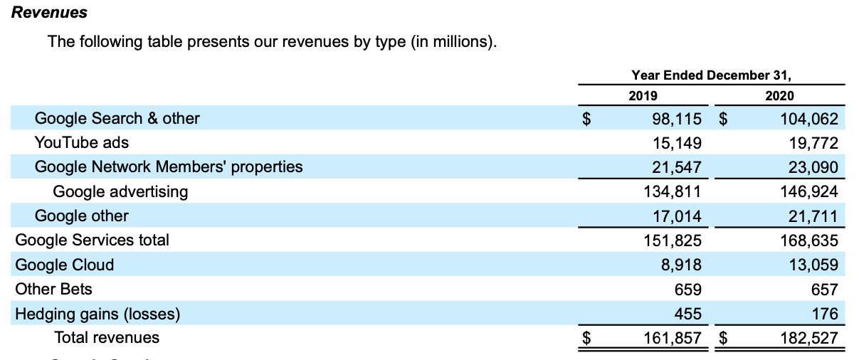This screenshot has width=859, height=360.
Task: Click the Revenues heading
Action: [x=49, y=13]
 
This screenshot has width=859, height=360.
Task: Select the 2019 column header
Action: [x=643, y=95]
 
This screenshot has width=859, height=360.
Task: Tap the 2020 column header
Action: [x=779, y=95]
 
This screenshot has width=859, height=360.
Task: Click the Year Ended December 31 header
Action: [x=711, y=75]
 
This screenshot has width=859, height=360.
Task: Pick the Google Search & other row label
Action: [x=117, y=118]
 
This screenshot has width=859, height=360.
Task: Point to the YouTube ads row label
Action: [x=81, y=142]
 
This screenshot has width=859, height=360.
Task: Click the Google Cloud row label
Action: [x=64, y=265]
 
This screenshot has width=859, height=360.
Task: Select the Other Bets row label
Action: [x=53, y=289]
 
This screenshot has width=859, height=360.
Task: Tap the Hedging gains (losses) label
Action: [x=98, y=314]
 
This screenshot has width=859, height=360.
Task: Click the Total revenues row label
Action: [x=107, y=337]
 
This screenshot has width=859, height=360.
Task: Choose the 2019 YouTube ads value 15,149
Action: [x=677, y=143]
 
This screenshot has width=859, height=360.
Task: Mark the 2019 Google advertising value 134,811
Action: [x=672, y=191]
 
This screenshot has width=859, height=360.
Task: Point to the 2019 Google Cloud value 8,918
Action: [x=681, y=265]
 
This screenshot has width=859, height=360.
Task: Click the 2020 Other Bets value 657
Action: [x=824, y=290]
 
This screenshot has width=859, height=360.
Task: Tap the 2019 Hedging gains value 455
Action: [x=688, y=314]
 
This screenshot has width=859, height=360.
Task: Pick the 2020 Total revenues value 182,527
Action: [x=808, y=338]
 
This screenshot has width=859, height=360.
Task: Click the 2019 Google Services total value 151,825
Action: [x=672, y=240]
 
